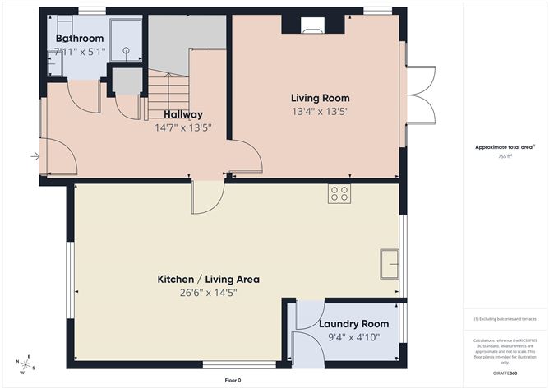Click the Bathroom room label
[80, 39]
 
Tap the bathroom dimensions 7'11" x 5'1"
[80, 52]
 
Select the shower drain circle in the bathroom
[127, 50]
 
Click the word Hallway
[182, 114]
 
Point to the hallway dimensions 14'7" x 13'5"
[182, 127]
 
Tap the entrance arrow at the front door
[35, 155]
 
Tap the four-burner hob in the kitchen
[339, 193]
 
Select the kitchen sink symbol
[389, 265]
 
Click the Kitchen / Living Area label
[208, 279]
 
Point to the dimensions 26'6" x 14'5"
[208, 292]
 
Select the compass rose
[25, 364]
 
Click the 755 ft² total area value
[505, 156]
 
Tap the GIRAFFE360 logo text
[505, 373]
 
